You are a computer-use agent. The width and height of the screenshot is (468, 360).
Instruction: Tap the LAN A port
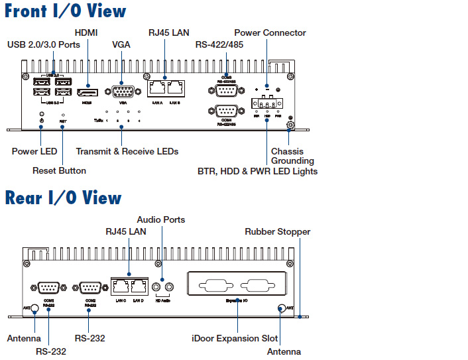click(157, 89)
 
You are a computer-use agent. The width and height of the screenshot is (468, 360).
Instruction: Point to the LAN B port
click(175, 89)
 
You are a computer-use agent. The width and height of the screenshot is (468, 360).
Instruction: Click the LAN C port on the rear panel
click(120, 286)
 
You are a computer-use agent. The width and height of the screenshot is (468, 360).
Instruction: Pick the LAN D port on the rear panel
click(138, 286)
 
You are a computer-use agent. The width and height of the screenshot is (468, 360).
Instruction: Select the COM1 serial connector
click(48, 287)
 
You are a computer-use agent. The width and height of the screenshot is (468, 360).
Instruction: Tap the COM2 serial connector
click(90, 287)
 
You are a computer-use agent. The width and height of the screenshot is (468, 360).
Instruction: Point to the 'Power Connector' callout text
click(270, 32)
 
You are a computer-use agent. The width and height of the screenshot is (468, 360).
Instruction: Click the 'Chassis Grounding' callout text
click(292, 156)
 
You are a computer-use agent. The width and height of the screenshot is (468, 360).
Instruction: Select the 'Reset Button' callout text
click(59, 170)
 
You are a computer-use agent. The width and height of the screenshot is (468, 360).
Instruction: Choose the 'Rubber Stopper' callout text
click(277, 231)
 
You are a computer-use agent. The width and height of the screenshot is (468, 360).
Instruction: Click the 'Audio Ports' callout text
click(161, 219)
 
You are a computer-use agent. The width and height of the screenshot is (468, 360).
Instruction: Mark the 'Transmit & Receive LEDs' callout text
click(127, 151)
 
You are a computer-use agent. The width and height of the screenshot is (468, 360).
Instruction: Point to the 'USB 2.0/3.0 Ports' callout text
click(44, 44)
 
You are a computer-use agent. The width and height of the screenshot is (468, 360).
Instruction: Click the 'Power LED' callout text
click(34, 151)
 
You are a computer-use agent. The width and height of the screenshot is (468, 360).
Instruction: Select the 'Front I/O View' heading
click(66, 11)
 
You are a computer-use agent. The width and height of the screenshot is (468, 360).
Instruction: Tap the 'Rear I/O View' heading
click(64, 198)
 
